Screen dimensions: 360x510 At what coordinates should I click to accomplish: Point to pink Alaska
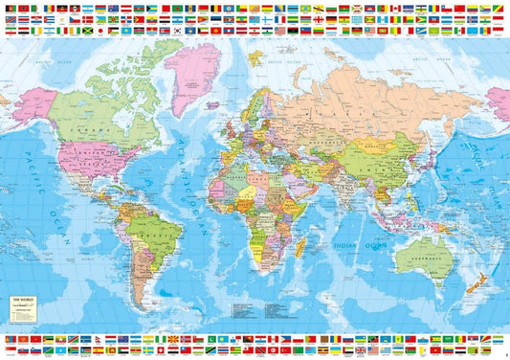[33, 101]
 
